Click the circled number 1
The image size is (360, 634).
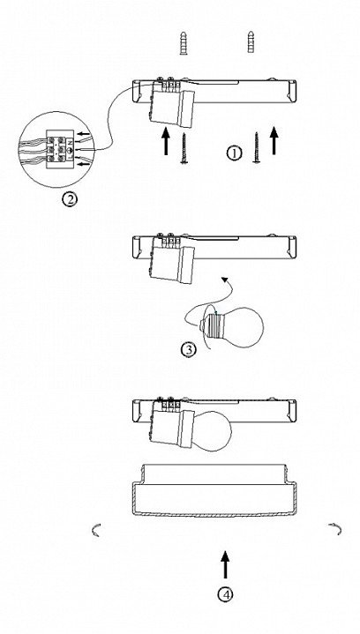[x=234, y=153]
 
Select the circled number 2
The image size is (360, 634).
[x=70, y=199]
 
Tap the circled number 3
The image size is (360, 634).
[x=189, y=349]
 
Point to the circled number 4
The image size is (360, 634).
[x=225, y=594]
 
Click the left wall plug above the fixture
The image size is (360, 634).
[x=184, y=43]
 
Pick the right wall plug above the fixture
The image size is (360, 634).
[x=251, y=41]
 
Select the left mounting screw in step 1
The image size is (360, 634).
[x=184, y=148]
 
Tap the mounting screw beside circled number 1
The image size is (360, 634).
[x=257, y=147]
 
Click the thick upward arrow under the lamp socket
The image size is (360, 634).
[x=165, y=141]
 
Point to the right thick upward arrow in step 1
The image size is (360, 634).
[x=274, y=140]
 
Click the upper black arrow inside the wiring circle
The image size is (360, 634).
[x=84, y=133]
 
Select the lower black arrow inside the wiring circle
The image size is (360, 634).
[x=84, y=164]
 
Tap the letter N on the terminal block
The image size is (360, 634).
[x=69, y=142]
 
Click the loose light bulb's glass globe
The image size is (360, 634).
[x=242, y=327]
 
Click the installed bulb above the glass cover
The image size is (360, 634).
[x=212, y=430]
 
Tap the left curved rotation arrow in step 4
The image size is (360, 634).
[x=96, y=530]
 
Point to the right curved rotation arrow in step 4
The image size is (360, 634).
[x=335, y=529]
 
